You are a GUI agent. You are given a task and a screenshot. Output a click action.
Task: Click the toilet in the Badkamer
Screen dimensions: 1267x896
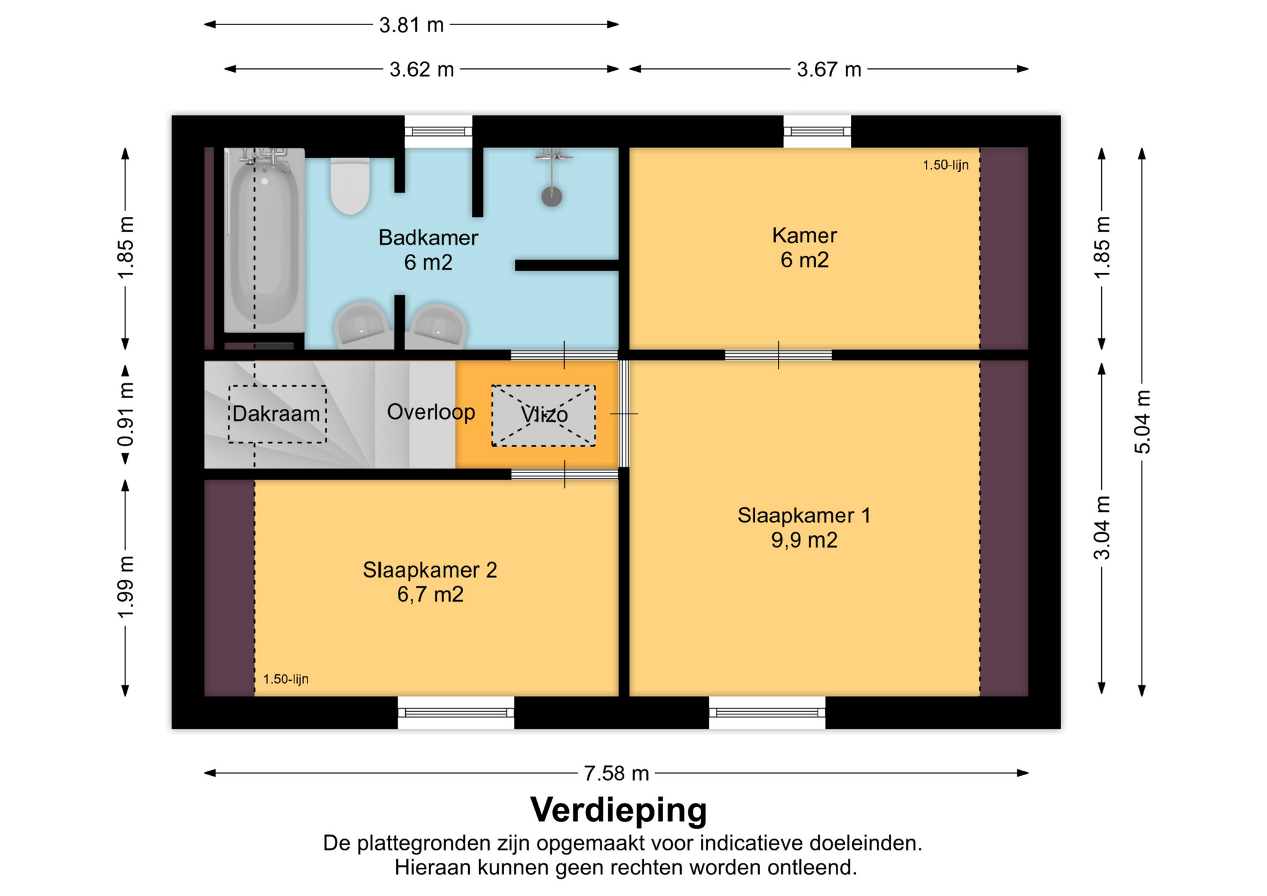350,186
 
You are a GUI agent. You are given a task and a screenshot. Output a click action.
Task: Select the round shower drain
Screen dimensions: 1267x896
552,196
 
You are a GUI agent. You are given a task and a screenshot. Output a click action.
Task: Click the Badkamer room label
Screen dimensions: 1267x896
428,250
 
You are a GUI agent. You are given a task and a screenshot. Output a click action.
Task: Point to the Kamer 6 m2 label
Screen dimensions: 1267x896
804,247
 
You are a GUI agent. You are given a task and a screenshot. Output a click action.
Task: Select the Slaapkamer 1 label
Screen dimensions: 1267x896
804,528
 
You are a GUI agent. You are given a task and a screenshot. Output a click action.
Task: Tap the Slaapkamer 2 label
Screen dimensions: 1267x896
430,582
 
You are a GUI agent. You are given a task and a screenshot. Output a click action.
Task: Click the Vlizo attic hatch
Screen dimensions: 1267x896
544,416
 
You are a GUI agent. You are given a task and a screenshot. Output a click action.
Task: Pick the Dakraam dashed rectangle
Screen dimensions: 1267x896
277,414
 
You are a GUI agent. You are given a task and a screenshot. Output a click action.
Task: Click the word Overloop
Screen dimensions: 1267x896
431,412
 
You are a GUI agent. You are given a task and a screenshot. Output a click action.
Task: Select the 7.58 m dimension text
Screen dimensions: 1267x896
616,773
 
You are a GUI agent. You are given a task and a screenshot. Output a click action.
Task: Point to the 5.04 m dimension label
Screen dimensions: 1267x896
1142,422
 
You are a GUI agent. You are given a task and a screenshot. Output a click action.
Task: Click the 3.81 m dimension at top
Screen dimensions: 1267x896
411,25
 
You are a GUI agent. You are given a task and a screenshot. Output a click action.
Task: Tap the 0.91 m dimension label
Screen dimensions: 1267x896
125,414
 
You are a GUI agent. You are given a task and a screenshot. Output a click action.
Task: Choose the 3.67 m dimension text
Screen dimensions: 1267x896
829,69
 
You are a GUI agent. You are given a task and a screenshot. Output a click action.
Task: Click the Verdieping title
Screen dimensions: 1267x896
618,810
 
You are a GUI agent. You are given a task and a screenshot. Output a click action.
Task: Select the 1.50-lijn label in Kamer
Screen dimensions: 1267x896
946,165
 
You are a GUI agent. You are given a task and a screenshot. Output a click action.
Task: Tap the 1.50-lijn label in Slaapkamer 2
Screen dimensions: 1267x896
286,679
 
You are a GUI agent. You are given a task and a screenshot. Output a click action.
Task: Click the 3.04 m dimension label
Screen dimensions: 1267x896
1101,528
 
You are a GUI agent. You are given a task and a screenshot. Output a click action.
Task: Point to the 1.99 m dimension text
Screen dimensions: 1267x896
125,587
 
